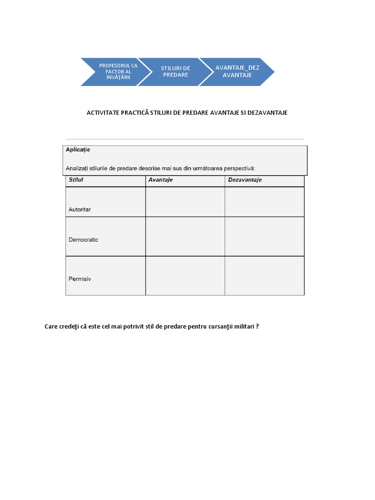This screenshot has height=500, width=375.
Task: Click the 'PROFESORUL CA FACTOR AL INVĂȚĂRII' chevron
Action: click(x=116, y=72)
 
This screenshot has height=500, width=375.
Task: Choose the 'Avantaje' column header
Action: click(x=160, y=180)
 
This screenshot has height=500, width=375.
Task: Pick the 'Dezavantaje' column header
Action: click(x=245, y=180)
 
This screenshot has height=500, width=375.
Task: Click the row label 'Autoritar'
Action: click(x=80, y=209)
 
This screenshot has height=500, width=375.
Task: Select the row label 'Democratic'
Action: click(x=83, y=240)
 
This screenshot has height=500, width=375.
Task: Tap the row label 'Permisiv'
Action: click(x=80, y=279)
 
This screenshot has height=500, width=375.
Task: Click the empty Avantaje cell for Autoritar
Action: click(x=185, y=202)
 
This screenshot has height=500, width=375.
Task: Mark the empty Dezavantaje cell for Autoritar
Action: click(x=264, y=202)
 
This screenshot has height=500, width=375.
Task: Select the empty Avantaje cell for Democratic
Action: click(x=185, y=236)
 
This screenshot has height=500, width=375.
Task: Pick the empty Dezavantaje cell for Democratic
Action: click(x=264, y=236)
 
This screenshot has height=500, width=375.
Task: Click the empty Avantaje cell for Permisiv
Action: click(x=185, y=275)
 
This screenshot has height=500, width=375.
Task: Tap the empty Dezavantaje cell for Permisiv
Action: click(x=264, y=275)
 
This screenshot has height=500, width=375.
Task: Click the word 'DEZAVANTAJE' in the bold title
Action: click(x=268, y=113)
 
